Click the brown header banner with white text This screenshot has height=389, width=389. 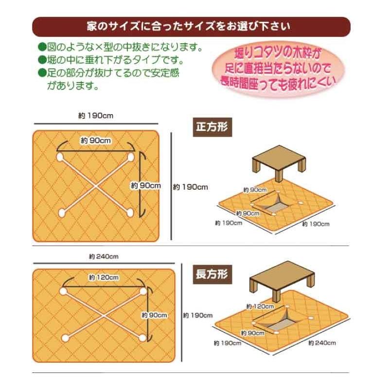[191, 25]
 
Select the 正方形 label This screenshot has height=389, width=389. [212, 127]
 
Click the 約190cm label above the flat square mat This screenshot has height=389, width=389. [96, 116]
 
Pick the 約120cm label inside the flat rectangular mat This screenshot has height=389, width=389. [104, 278]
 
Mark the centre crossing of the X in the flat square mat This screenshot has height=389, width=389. [96, 185]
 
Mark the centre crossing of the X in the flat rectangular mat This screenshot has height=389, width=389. [103, 314]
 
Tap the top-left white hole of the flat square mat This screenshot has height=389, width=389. [60, 158]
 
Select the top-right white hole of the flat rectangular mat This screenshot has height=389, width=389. [143, 291]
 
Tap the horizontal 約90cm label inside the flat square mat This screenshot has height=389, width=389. [96, 141]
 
